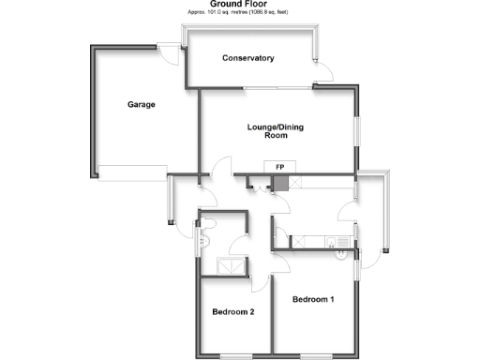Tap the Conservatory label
248,58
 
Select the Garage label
142,104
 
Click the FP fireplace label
279,167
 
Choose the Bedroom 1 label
312,300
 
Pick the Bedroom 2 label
233,312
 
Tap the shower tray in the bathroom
231,266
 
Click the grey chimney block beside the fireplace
278,182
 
